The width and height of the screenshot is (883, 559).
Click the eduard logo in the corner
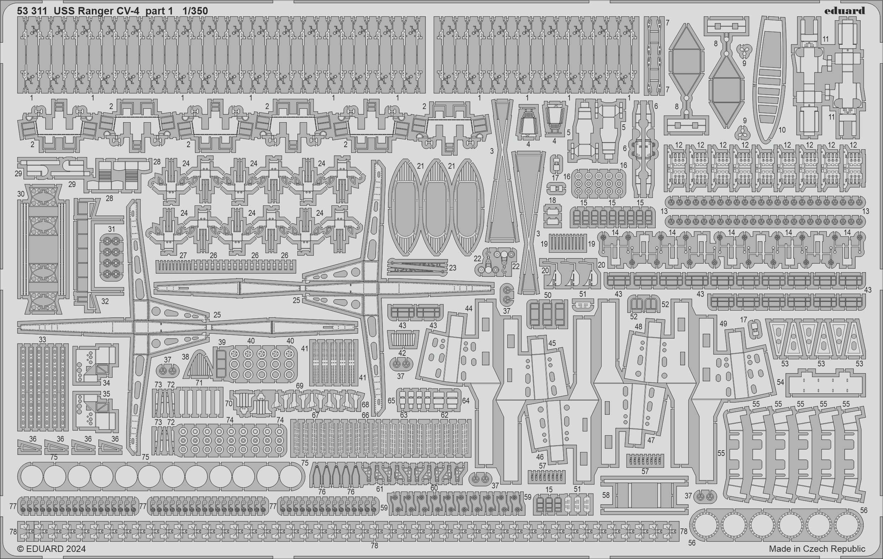845,11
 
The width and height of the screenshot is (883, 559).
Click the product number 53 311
32,11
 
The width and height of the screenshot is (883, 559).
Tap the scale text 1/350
195,11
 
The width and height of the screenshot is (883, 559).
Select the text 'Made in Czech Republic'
817,549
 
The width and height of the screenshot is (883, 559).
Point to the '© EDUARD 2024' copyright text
52,549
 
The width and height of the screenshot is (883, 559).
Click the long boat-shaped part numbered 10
769,80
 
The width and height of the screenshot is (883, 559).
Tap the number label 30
21,194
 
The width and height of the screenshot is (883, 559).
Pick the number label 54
780,382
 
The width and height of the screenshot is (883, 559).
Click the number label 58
606,495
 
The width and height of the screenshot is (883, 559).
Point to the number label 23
453,268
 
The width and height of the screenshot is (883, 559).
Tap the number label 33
43,340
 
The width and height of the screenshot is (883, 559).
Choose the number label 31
111,229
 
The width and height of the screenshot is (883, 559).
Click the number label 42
402,353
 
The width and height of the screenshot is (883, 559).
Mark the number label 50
548,295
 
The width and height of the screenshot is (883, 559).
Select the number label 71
199,383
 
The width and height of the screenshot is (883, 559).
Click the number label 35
106,394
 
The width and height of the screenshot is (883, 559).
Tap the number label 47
651,441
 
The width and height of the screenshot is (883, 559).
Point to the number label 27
183,255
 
